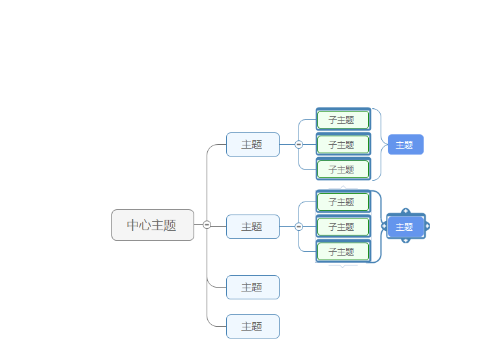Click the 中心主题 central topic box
tap(153, 225)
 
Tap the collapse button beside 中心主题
tap(207, 225)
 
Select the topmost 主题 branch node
tap(252, 144)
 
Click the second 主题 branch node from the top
tap(252, 226)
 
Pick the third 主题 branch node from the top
tap(252, 287)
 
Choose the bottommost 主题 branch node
tap(252, 326)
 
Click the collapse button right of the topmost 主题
tap(299, 145)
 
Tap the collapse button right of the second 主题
tap(299, 227)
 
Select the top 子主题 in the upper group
tap(343, 120)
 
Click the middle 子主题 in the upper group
tap(343, 145)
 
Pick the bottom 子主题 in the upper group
tap(343, 170)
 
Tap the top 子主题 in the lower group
tap(343, 202)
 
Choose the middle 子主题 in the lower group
tap(343, 227)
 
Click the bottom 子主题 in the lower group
tap(343, 252)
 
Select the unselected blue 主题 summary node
tap(405, 145)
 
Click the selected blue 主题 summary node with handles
tap(405, 227)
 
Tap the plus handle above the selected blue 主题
tap(405, 211)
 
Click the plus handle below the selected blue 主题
tap(405, 241)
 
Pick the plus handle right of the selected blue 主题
tap(428, 226)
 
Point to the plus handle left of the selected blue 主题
tap(384, 226)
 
